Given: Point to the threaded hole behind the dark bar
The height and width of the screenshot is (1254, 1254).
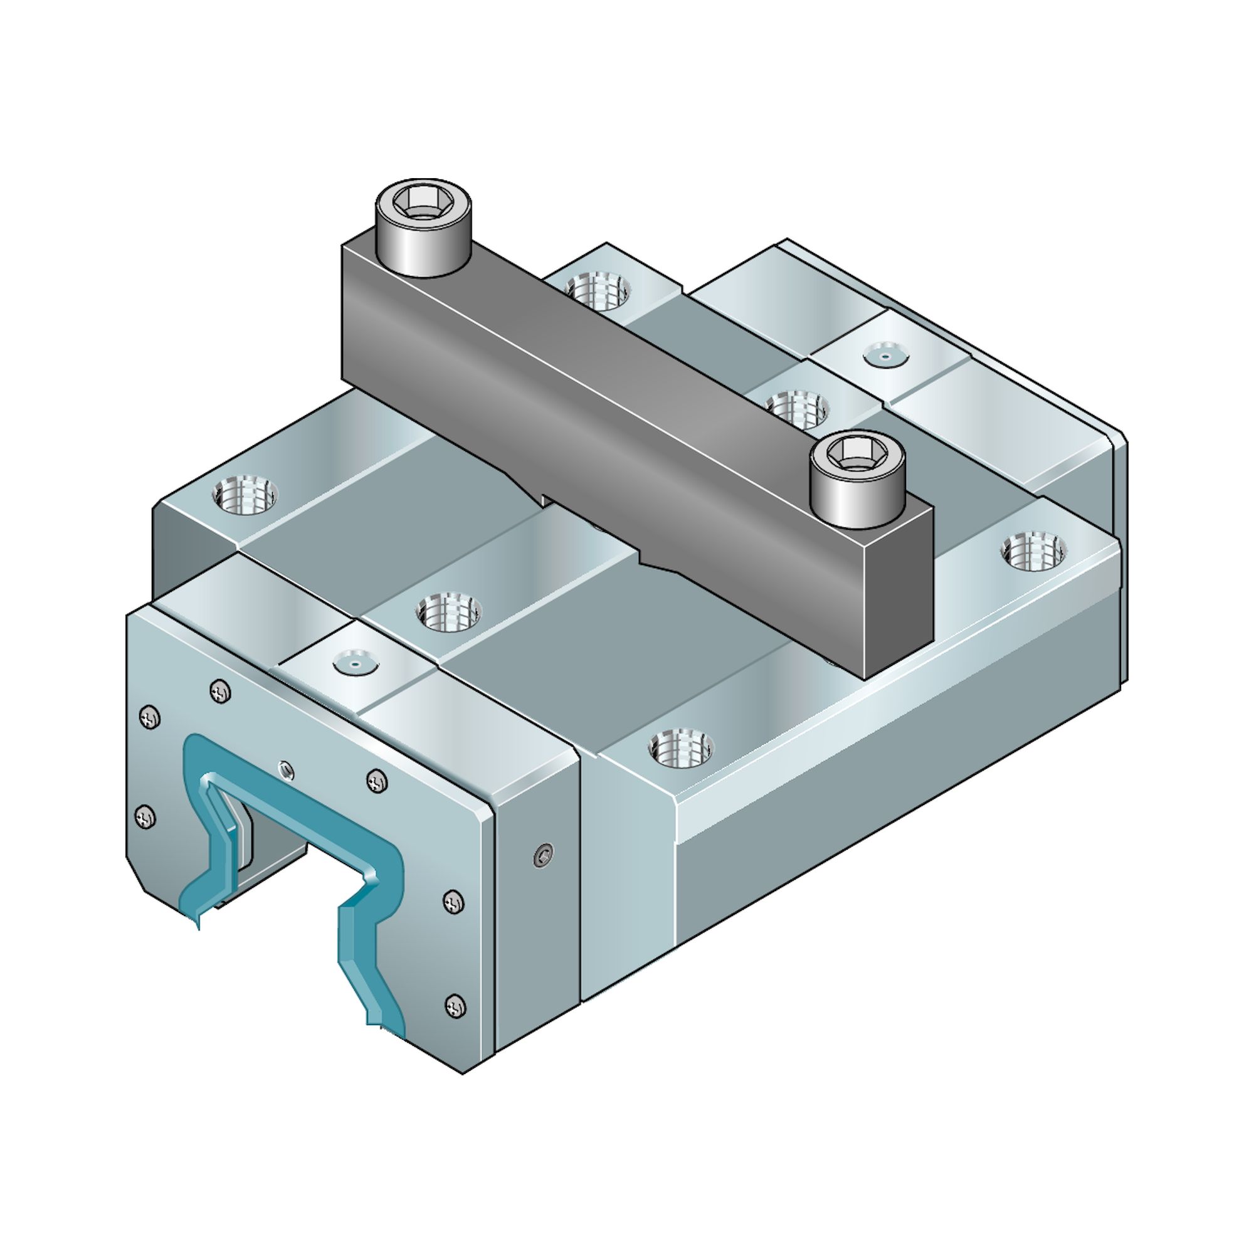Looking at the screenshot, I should click(x=597, y=290).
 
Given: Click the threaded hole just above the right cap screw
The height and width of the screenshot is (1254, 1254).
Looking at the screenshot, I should click(x=797, y=408).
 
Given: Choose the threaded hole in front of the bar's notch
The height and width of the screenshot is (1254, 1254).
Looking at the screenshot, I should click(x=449, y=611).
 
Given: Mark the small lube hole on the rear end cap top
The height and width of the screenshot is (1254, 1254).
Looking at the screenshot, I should click(x=885, y=355).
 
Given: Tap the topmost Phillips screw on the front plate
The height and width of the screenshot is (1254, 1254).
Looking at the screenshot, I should click(x=221, y=692).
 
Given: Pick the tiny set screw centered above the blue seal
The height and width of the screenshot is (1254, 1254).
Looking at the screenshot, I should click(x=285, y=770).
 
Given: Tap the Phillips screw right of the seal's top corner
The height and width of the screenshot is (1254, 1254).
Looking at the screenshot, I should click(x=376, y=781).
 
